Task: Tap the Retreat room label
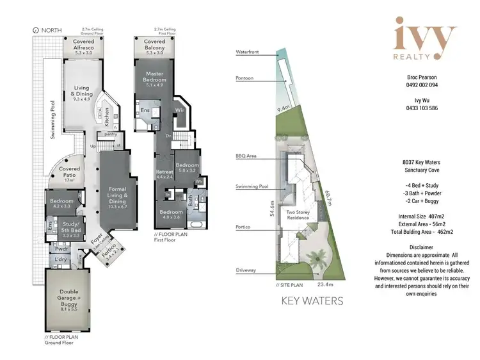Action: point(164,174)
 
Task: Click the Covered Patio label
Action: point(70,173)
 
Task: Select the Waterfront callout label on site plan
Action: point(247,51)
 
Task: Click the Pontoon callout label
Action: point(244,78)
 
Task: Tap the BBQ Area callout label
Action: point(246,156)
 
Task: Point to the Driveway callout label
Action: point(246,270)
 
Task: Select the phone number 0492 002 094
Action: point(420,84)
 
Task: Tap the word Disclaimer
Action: point(420,247)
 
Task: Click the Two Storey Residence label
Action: point(298,215)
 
